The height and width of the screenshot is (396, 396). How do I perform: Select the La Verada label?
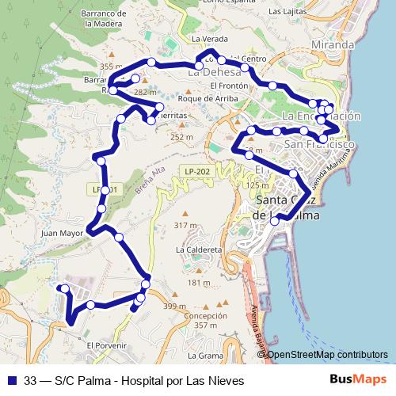coord(208,39)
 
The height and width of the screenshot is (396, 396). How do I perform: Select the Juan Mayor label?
coord(61,234)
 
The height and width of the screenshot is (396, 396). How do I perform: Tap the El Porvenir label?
coord(107,345)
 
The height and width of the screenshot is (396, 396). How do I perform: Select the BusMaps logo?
coord(358,379)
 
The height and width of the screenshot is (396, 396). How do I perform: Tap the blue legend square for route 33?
coord(11,379)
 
